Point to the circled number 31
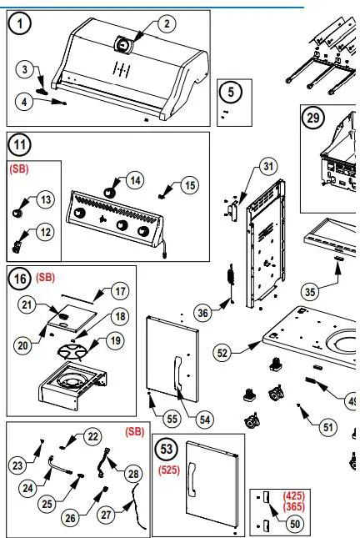(267, 166)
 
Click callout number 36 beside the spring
(202, 313)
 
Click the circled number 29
(313, 118)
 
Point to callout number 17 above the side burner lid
(121, 292)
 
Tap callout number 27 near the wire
(106, 515)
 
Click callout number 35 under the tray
(311, 291)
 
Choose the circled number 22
(92, 436)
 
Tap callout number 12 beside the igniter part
(45, 231)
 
